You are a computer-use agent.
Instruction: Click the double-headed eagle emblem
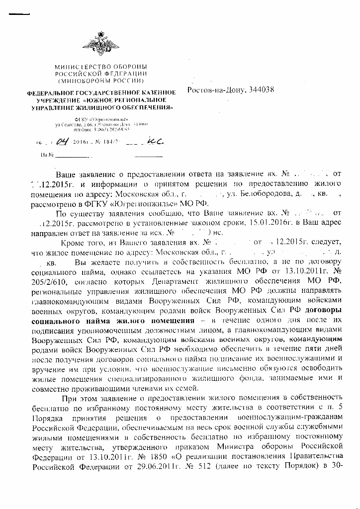click(101, 42)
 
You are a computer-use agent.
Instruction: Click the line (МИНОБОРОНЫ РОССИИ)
click(101, 80)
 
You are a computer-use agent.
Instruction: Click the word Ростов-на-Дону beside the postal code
click(215, 90)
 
